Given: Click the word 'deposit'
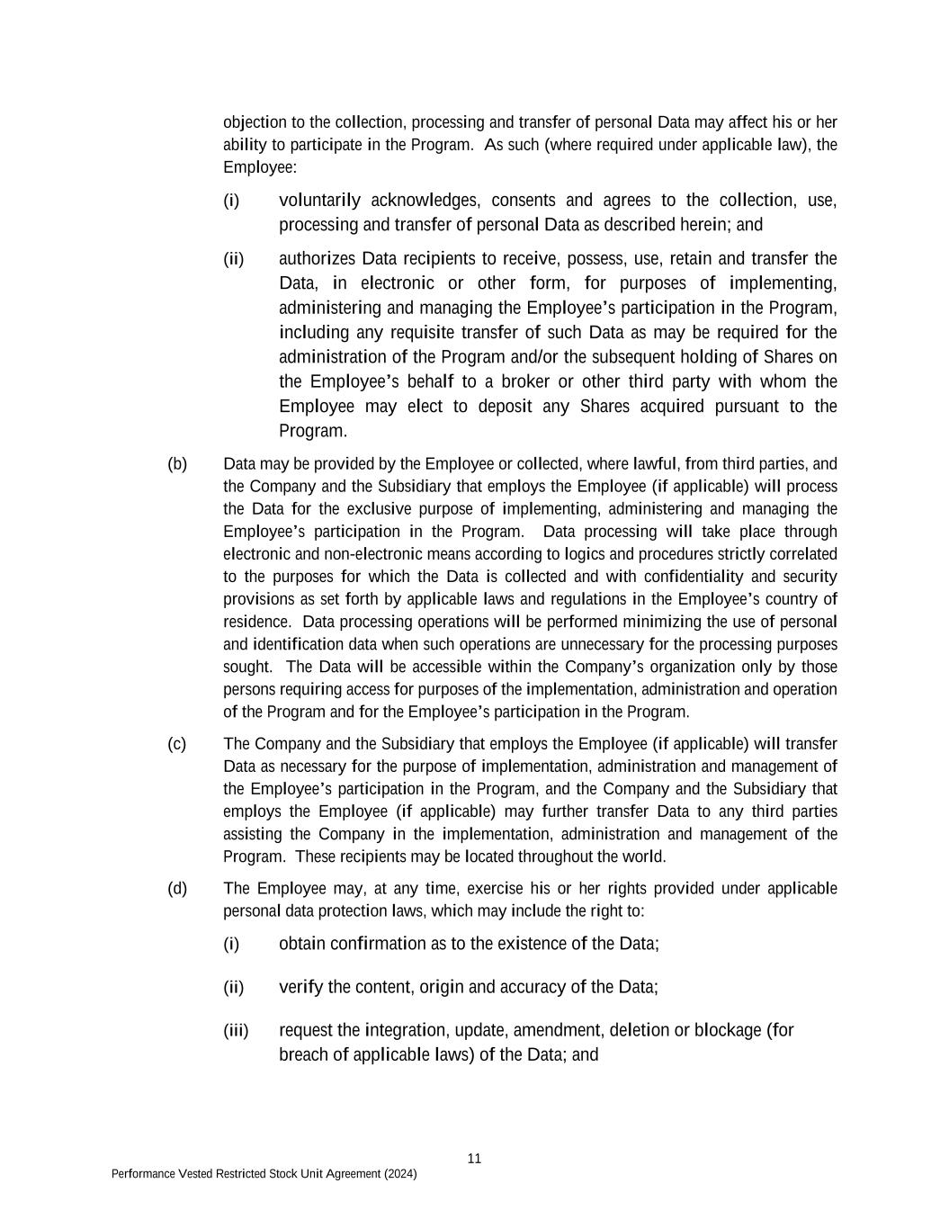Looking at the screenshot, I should tap(505, 407).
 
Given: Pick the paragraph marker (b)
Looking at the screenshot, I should tap(177, 464).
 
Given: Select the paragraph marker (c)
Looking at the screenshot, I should tap(177, 744).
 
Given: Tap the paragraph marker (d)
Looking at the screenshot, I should tap(177, 889).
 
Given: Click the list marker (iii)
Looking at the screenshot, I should tap(236, 1030).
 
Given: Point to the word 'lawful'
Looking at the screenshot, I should tap(655, 464).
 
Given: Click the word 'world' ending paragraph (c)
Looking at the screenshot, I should tap(645, 856).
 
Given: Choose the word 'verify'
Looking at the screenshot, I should tap(300, 987).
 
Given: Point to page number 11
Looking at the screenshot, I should tap(474, 1159).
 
